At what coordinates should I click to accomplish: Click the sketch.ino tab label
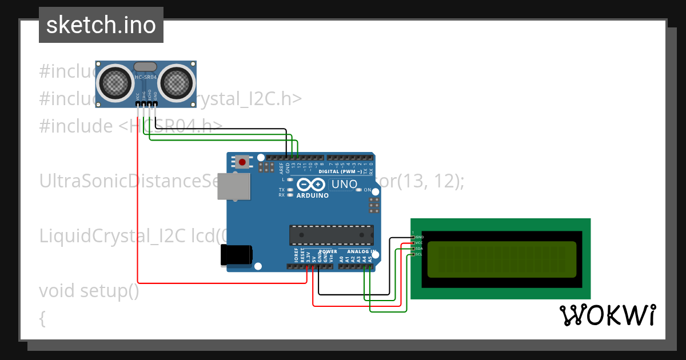pos(101,25)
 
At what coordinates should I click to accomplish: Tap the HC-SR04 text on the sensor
pos(146,77)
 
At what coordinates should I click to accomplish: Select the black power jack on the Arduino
pos(236,255)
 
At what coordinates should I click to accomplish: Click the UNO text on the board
pos(344,185)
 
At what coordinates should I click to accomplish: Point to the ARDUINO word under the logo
pos(312,195)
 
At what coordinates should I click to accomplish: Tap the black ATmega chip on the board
pos(331,235)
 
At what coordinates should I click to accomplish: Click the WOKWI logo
pos(607,315)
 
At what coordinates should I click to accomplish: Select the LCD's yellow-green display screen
pos(501,259)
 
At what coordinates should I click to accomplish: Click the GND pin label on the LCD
pos(420,237)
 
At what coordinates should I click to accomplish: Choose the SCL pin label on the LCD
pos(419,254)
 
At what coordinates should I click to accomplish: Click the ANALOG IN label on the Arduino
pos(362,251)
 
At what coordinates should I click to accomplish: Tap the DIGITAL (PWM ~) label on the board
pos(340,171)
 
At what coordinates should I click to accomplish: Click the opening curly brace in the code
pos(42,318)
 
